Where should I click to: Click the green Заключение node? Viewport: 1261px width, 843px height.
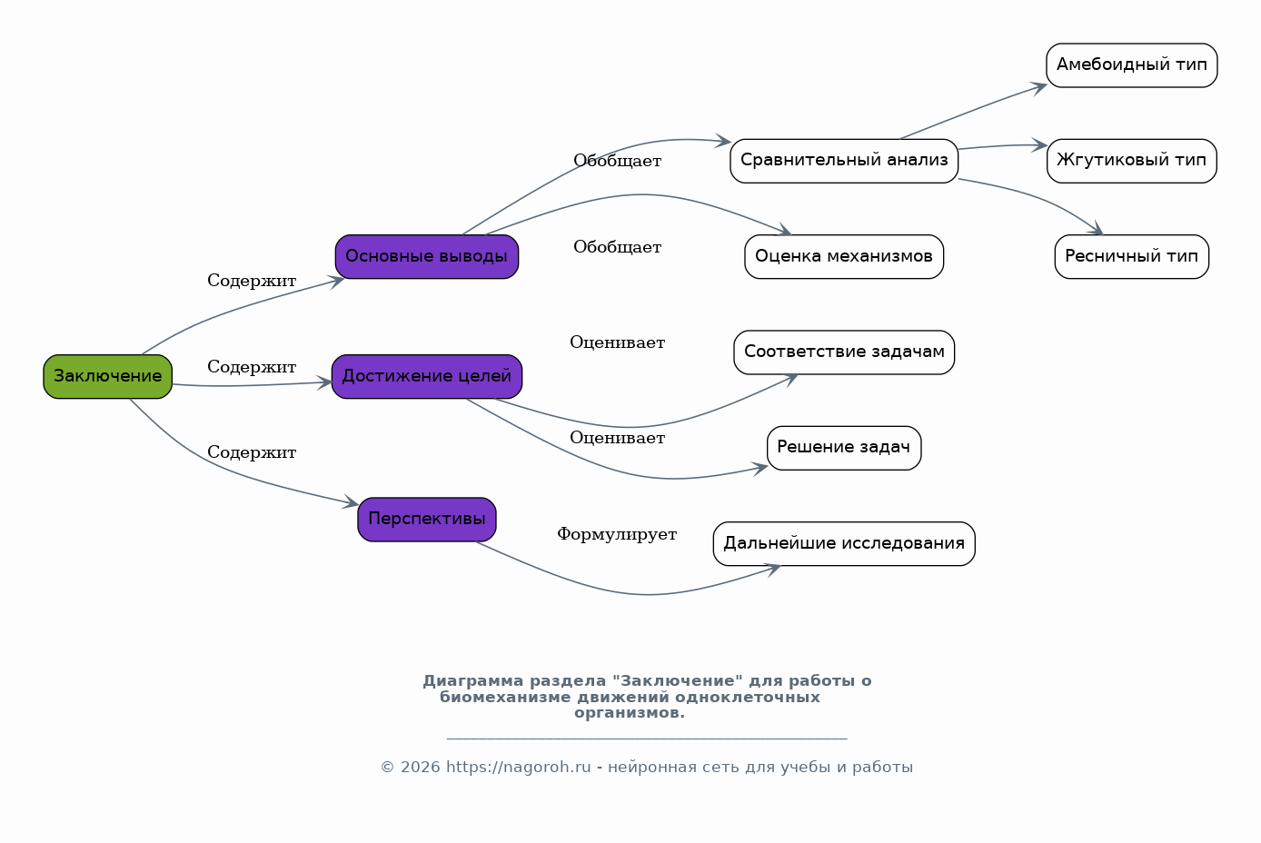(x=107, y=376)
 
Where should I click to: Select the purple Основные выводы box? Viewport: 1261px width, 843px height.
(x=427, y=256)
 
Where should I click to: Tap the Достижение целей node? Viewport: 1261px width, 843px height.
(x=427, y=376)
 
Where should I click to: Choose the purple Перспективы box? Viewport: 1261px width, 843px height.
(x=427, y=520)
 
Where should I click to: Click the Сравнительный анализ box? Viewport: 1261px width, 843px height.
(x=844, y=161)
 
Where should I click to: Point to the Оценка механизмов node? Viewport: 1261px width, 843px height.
(x=844, y=256)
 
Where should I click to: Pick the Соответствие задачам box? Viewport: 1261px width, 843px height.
(x=844, y=352)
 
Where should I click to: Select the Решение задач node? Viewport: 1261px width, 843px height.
(x=844, y=448)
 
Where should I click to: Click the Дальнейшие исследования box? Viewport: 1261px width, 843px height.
(x=844, y=543)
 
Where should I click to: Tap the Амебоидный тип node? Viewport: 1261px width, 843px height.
(x=1131, y=65)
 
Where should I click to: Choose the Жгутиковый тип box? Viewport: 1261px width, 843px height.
(x=1131, y=161)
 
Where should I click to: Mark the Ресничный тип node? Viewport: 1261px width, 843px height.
(x=1131, y=256)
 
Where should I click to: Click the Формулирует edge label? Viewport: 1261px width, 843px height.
(x=617, y=534)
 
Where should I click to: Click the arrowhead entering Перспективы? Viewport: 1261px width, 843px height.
(x=352, y=501)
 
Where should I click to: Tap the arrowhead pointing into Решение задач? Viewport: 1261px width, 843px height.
(x=760, y=468)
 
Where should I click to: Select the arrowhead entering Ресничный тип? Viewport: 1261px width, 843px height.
(x=1095, y=229)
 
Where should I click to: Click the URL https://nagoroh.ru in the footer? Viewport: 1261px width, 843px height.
(x=518, y=767)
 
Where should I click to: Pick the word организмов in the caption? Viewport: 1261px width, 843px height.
(x=630, y=713)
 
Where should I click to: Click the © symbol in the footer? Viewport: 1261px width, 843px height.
(x=387, y=767)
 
